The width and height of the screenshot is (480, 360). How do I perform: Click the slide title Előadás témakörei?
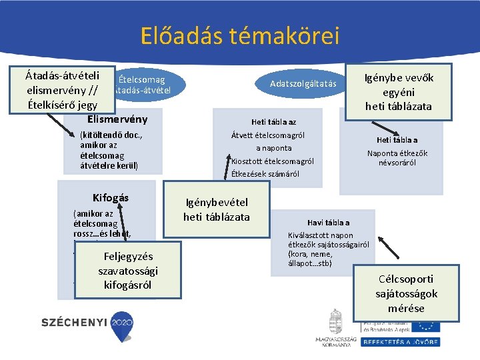pos(240,35)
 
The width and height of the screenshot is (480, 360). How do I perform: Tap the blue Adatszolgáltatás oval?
pos(303,83)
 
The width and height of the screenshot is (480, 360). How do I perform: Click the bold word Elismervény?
pos(117,119)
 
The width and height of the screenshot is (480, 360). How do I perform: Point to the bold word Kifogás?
pos(110,198)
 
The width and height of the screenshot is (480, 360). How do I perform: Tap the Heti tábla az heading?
pos(273,122)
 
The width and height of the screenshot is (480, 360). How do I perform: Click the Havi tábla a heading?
pos(328,223)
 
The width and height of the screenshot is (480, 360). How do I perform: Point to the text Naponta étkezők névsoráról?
pos(397,157)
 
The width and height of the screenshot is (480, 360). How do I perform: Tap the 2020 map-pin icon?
pos(123,323)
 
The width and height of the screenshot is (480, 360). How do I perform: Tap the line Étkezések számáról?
pos(265,174)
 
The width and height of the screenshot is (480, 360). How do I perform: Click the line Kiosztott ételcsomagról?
pos(273,161)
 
